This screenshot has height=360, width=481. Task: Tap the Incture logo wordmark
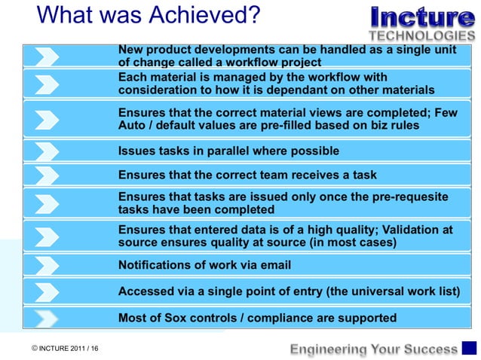(x=422, y=18)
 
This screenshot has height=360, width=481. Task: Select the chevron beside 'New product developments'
(x=47, y=56)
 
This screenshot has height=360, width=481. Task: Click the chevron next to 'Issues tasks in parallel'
(x=47, y=151)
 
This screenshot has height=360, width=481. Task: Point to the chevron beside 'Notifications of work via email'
(x=47, y=265)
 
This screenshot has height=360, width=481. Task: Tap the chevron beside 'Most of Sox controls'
(x=47, y=318)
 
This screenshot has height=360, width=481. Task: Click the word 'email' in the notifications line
(x=275, y=265)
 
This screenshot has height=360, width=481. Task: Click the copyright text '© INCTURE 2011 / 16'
(x=65, y=349)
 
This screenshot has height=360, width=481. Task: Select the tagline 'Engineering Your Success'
(x=374, y=349)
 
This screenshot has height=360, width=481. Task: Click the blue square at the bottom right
(x=469, y=348)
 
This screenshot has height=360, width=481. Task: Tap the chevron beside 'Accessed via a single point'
(x=47, y=291)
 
